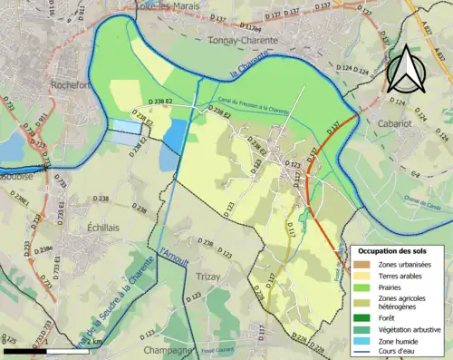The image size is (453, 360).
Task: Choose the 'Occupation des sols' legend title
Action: tap(398, 249)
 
